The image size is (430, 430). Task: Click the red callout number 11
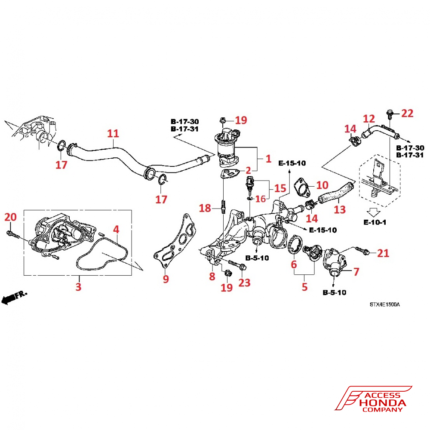[113, 134]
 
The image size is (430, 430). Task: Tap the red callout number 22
[407, 114]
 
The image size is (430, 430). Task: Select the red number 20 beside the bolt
[10, 217]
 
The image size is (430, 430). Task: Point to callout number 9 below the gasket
[166, 279]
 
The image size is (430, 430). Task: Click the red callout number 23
[244, 283]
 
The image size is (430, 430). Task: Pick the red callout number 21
[383, 254]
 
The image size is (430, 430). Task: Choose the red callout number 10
[322, 185]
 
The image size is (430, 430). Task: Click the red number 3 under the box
[78, 286]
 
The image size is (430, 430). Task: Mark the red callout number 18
[205, 209]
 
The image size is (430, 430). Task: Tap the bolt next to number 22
[390, 114]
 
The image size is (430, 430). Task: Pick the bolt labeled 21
[363, 250]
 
